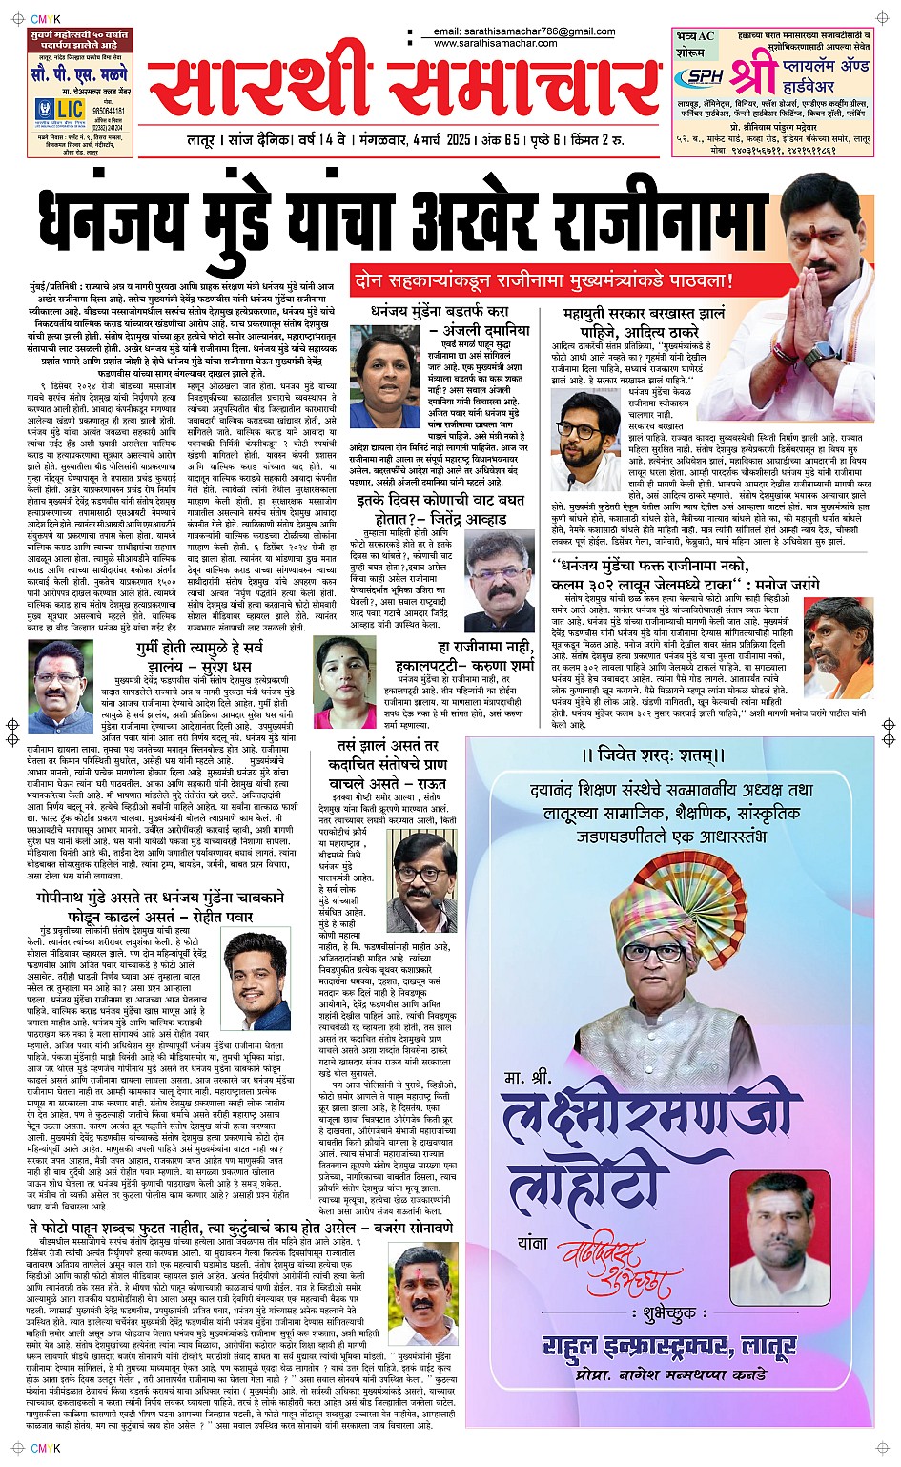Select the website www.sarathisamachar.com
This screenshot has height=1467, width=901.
[x=495, y=44]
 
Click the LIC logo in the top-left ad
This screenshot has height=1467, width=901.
[x=59, y=110]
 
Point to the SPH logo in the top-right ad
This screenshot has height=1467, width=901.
[x=705, y=76]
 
